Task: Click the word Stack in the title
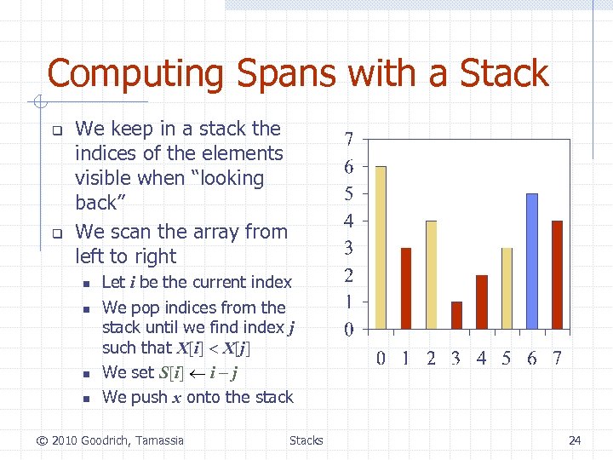coord(504,73)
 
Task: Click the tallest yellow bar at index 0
coord(381,247)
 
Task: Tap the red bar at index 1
coord(406,288)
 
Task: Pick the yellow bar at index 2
coord(432,274)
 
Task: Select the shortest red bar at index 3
coord(456,315)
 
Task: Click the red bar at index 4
coord(482,302)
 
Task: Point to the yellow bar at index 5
coord(507,288)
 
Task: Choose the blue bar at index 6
coord(532,261)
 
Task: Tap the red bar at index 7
coord(557,274)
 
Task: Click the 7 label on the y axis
coord(349,139)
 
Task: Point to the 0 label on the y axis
coord(349,329)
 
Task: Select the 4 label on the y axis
coord(349,221)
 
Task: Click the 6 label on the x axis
coord(532,358)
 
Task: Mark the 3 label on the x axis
coord(456,358)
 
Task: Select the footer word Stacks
coord(306,440)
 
